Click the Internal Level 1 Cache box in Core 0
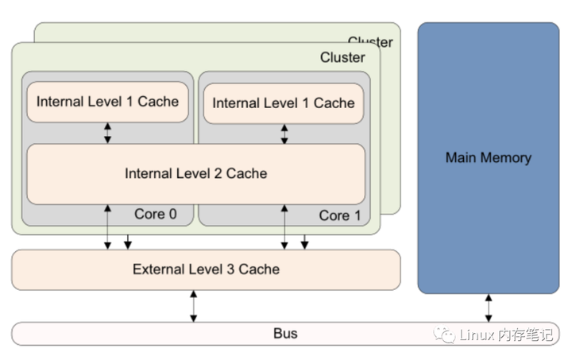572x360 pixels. point(107,102)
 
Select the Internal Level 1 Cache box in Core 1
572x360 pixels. point(283,103)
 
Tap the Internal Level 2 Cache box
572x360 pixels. point(195,173)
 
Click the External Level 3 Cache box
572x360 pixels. point(206,269)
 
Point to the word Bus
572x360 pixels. point(285,334)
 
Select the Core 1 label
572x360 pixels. point(339,215)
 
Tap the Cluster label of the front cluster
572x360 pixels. point(342,57)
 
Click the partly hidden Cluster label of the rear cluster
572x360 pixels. point(369,41)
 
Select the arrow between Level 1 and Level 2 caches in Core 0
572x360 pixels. point(108,133)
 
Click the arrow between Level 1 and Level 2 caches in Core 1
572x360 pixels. point(284,134)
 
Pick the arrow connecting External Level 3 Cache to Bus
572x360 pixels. point(193,306)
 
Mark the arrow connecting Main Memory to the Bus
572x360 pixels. point(489,308)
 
